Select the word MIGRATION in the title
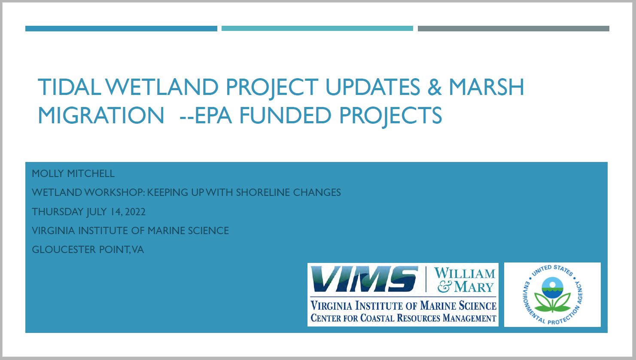click(x=101, y=115)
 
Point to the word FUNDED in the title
click(x=285, y=115)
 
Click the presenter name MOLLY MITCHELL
click(x=73, y=173)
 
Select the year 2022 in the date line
click(x=135, y=212)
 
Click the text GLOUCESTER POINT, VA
click(x=88, y=250)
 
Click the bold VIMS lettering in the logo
click(x=364, y=279)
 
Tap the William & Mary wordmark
click(x=465, y=280)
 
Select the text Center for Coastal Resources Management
click(x=403, y=317)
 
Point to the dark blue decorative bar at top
click(x=121, y=28)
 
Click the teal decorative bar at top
click(x=317, y=28)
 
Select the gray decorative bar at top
click(x=513, y=28)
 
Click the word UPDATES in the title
click(x=372, y=87)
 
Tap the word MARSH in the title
click(x=487, y=87)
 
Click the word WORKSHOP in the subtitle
click(x=115, y=192)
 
